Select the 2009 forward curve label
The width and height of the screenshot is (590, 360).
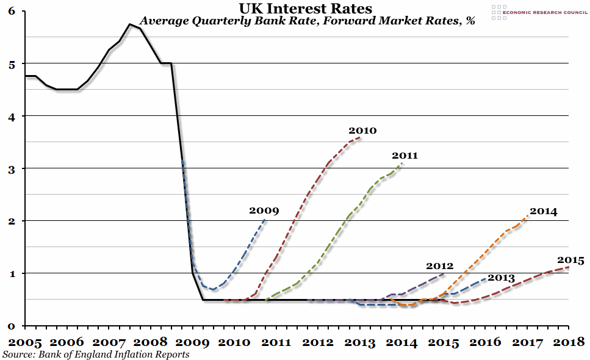point(264,211)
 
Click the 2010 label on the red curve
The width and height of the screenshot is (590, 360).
point(362,130)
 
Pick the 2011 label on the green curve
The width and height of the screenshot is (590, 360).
point(405,156)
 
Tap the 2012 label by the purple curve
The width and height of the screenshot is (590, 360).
point(439,265)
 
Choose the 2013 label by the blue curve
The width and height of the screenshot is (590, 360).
point(502,278)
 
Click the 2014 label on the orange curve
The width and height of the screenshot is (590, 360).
point(543,211)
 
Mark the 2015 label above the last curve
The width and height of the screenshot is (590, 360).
point(570,260)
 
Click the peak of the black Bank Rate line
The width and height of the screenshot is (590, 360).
point(130,24)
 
